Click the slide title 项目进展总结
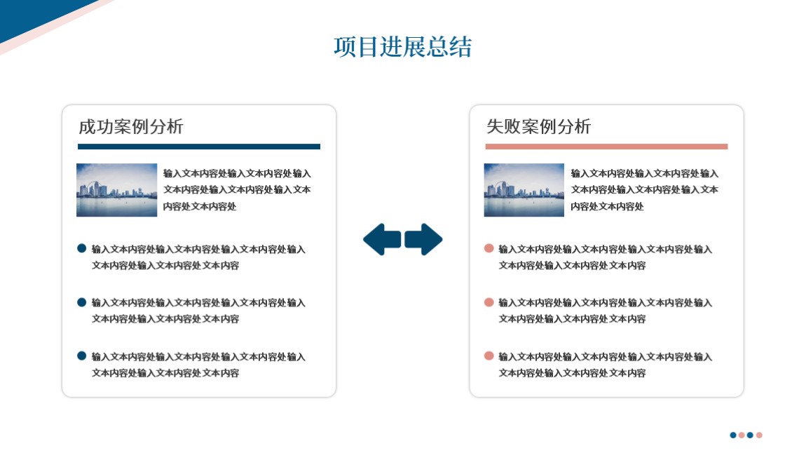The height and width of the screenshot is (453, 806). [x=402, y=47]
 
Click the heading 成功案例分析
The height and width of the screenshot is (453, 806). [x=131, y=126]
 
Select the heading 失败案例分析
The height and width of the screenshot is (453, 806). [x=538, y=126]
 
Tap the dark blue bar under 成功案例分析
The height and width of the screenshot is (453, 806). [x=199, y=147]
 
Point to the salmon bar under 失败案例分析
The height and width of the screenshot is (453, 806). [x=606, y=147]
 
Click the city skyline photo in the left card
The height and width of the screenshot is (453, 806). [x=116, y=190]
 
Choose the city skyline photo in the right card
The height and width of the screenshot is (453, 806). [x=524, y=190]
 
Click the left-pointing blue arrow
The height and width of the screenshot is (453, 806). [x=382, y=239]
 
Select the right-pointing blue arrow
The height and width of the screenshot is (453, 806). [x=423, y=239]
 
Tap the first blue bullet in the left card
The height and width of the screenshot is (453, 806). [x=82, y=248]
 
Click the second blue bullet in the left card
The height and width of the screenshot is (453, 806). [x=82, y=302]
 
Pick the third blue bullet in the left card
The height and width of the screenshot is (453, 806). [x=82, y=356]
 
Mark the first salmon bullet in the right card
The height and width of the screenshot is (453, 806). [x=489, y=248]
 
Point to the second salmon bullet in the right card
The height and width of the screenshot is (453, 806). [x=489, y=302]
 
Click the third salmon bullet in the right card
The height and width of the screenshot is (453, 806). [x=489, y=356]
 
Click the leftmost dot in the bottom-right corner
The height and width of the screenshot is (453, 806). [x=733, y=435]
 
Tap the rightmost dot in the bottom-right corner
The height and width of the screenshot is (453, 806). [x=759, y=435]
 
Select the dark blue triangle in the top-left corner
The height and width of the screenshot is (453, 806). [x=31, y=15]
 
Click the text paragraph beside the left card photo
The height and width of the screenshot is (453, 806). [x=237, y=190]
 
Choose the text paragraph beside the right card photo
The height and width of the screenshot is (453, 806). [x=645, y=190]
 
